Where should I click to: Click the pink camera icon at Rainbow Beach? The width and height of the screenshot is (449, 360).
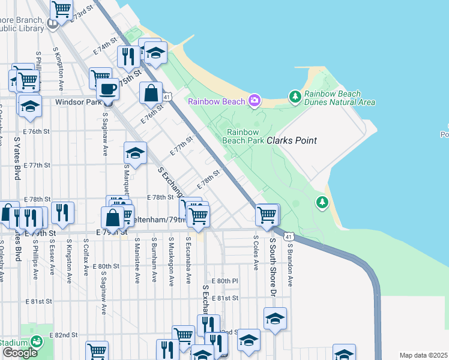click(x=255, y=100)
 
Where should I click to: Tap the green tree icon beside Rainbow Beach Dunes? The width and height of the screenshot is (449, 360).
click(x=294, y=96)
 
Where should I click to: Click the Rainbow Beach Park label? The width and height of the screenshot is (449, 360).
click(x=243, y=136)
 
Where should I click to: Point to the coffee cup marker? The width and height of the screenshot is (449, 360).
click(x=107, y=89)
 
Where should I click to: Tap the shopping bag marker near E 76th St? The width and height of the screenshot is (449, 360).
click(x=150, y=93)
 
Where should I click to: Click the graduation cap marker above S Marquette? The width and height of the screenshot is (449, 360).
click(x=136, y=153)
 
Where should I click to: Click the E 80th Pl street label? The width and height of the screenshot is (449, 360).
click(x=224, y=281)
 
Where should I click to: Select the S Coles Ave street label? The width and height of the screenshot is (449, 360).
click(x=256, y=253)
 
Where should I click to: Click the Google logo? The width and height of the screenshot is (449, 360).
click(x=19, y=353)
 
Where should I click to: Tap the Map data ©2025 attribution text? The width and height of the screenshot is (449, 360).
click(x=423, y=355)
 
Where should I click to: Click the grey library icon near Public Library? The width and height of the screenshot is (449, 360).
click(x=52, y=23)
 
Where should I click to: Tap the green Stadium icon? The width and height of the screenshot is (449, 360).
click(x=37, y=341)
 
